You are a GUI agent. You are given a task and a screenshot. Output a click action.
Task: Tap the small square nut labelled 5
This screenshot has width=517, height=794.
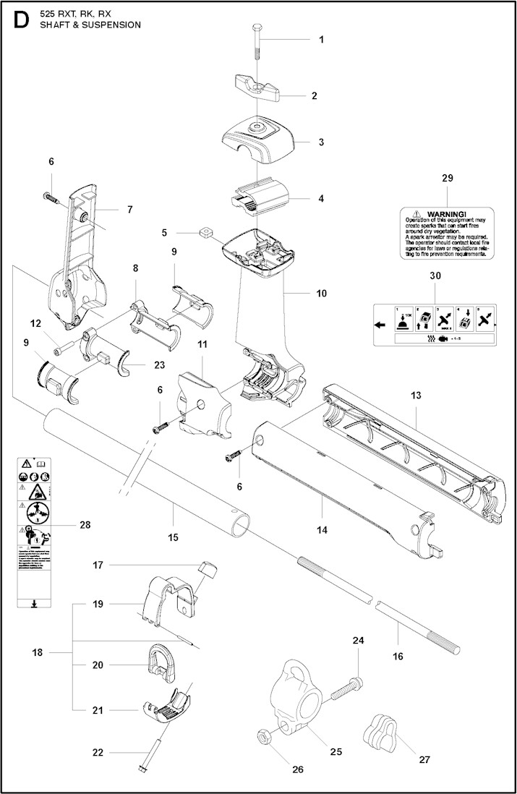tap(205, 233)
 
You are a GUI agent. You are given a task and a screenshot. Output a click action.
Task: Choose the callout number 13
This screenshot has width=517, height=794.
tap(415, 396)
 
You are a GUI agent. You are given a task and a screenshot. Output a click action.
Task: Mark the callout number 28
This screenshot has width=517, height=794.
tap(85, 525)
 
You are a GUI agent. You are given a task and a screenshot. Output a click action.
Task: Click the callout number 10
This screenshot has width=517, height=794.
tap(322, 294)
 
